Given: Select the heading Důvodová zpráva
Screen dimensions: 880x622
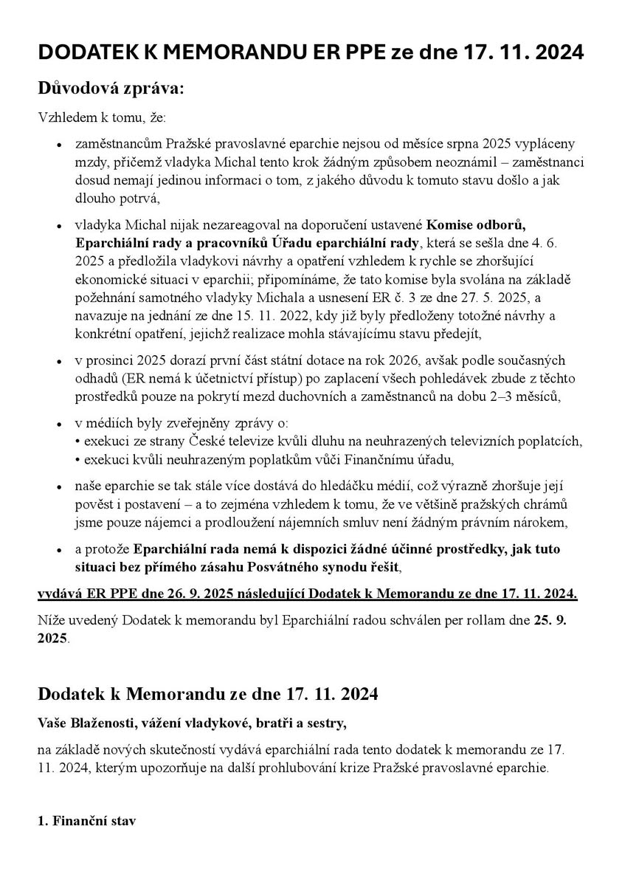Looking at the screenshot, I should tap(111, 88).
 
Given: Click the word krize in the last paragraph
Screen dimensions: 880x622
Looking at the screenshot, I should tap(358, 766).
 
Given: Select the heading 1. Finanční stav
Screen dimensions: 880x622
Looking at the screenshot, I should tap(87, 821).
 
